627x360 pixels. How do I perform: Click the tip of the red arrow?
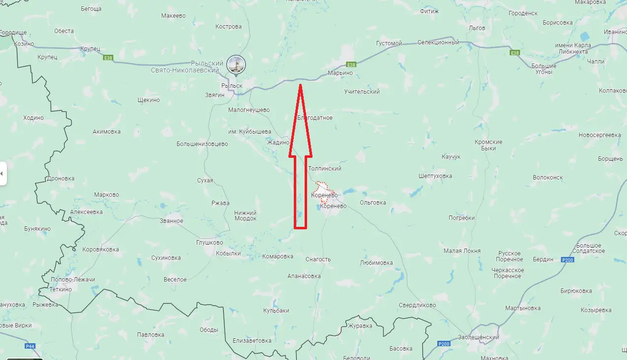point(300,86)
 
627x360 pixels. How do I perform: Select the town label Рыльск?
point(232,86)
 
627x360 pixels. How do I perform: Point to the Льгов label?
point(477,28)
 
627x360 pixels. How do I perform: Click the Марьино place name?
point(341,73)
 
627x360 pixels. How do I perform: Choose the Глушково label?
point(209,243)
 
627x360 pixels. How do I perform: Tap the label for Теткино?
point(61,289)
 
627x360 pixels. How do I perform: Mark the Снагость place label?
point(318,259)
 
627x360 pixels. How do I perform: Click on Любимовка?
point(377,263)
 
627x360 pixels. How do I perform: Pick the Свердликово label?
point(418,305)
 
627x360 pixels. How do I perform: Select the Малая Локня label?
point(462,251)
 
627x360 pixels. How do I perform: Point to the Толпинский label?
point(325,169)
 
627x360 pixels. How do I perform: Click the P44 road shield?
point(30,346)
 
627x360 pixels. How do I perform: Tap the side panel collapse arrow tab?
point(2,174)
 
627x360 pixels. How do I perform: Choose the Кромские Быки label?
point(488,145)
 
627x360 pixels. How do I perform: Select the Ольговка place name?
point(373,203)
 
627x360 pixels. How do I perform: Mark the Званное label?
point(172,221)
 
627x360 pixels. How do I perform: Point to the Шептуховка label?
point(435,176)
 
